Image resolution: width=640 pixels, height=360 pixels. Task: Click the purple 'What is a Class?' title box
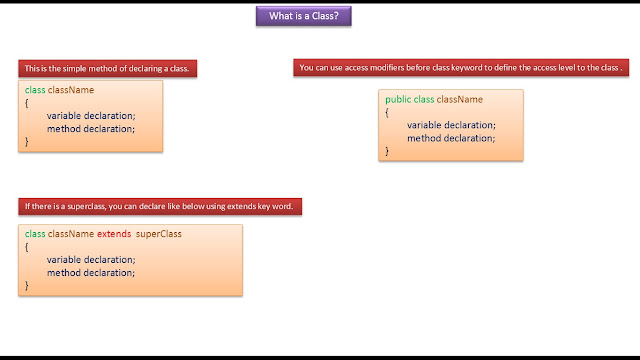pyautogui.click(x=304, y=16)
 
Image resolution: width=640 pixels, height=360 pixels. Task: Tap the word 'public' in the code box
pyautogui.click(x=398, y=100)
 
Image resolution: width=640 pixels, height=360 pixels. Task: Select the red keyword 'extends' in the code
pyautogui.click(x=114, y=234)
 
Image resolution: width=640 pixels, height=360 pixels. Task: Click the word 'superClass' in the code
pyautogui.click(x=159, y=234)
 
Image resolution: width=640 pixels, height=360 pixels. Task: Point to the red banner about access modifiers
pyautogui.click(x=461, y=68)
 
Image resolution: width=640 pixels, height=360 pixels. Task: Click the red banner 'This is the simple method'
pyautogui.click(x=107, y=69)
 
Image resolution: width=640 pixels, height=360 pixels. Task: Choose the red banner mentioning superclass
pyautogui.click(x=160, y=207)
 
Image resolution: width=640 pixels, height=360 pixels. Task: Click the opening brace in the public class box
pyautogui.click(x=387, y=113)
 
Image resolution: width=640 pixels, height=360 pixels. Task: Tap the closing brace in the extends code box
pyautogui.click(x=27, y=285)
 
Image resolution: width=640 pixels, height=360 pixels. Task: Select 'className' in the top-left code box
pyautogui.click(x=71, y=90)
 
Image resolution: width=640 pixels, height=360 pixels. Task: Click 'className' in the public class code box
pyautogui.click(x=460, y=99)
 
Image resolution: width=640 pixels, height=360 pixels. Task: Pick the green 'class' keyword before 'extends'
pyautogui.click(x=35, y=234)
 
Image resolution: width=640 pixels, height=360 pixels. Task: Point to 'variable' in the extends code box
pyautogui.click(x=64, y=260)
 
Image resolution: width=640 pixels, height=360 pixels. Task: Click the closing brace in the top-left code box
pyautogui.click(x=27, y=142)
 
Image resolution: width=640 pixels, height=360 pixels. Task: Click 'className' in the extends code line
pyautogui.click(x=71, y=234)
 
